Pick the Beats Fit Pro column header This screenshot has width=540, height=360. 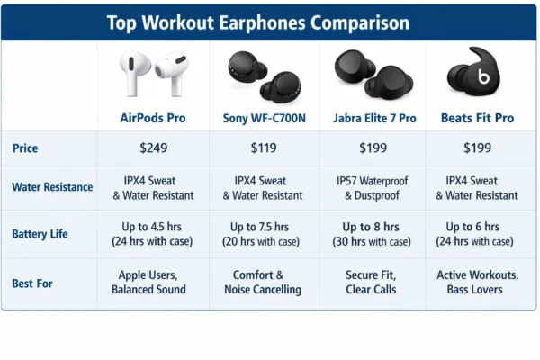click(477, 118)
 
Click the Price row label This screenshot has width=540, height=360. click(27, 147)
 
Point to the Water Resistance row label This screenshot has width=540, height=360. click(52, 187)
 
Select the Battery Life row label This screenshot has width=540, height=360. click(41, 234)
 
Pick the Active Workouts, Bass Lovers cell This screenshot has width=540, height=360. click(477, 283)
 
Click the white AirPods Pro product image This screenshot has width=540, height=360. click(153, 75)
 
